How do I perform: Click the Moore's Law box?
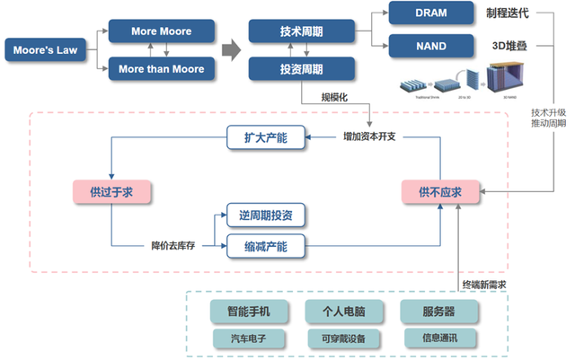click(x=45, y=50)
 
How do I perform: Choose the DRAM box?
click(x=430, y=13)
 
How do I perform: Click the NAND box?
click(x=430, y=45)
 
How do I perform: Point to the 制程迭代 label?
click(x=509, y=13)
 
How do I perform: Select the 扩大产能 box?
click(x=265, y=137)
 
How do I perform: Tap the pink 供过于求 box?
click(x=111, y=191)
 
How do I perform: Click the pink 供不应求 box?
click(x=440, y=191)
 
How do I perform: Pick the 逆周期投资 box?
click(x=265, y=215)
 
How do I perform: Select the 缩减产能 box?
click(x=265, y=244)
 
